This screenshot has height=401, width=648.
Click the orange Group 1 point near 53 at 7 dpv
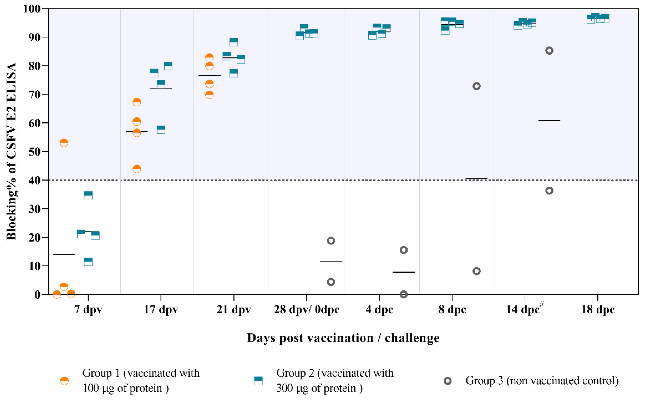pos(64,143)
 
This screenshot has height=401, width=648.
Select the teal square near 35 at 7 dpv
pos(88,195)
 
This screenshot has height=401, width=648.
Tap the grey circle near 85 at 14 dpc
pos(549,51)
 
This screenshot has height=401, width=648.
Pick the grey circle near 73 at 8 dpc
pos(477,86)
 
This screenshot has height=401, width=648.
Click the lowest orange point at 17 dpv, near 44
pos(136,169)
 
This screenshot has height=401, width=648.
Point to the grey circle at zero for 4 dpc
pos(403,294)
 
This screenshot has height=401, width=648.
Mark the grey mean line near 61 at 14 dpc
pos(549,121)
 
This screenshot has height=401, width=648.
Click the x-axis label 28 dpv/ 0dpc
pos(307,310)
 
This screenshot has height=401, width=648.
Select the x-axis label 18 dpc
pos(598,310)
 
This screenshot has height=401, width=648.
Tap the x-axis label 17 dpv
pos(161,310)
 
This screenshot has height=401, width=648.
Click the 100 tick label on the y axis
pos(32,9)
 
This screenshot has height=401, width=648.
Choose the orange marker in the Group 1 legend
pos(64,381)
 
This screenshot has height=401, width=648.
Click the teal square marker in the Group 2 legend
pos(258,381)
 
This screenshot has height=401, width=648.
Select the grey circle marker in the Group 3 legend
pos(448,381)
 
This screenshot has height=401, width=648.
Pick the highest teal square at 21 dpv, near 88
pos(233,42)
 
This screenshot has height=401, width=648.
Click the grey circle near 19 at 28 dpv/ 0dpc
pos(331,241)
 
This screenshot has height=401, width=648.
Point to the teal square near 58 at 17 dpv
pos(161,130)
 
